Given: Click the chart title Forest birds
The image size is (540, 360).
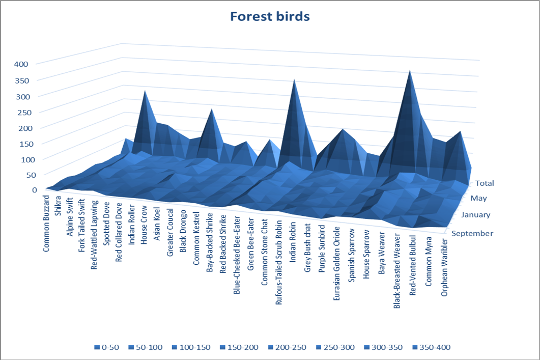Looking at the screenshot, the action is pos(270,16).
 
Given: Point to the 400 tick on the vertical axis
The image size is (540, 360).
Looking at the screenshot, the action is pos(21,64).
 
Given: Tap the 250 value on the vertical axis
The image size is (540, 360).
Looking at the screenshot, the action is pos(24,112).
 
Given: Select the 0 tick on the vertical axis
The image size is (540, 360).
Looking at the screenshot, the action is pos(35,190).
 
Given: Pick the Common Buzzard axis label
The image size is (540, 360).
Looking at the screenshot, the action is pos(46,223).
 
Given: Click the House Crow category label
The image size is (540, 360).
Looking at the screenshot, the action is pos(144,225).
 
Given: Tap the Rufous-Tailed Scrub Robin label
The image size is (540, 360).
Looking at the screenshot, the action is pos(278,263).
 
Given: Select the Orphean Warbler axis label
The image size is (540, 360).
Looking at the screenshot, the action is pos(444,267).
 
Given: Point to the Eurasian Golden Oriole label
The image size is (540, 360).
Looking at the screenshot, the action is pos(336,264).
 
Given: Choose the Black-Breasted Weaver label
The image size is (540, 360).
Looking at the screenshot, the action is pos(397,271).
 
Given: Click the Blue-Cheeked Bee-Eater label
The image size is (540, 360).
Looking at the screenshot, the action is pos(237,255).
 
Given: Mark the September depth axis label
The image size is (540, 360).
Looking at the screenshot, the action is pos(472,233).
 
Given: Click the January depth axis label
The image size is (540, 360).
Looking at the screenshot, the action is pos(475,215).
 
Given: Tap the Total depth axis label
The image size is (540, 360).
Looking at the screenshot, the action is pos(485,183).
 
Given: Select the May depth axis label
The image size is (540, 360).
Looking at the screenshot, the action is pos(479,198).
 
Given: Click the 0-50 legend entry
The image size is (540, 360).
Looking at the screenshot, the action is pos(107,347).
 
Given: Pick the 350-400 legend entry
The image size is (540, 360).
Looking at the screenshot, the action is pos(431,347).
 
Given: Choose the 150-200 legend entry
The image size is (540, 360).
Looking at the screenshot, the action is pos(239,347).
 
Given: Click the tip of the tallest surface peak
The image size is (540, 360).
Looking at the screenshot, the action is pos(410,70).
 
